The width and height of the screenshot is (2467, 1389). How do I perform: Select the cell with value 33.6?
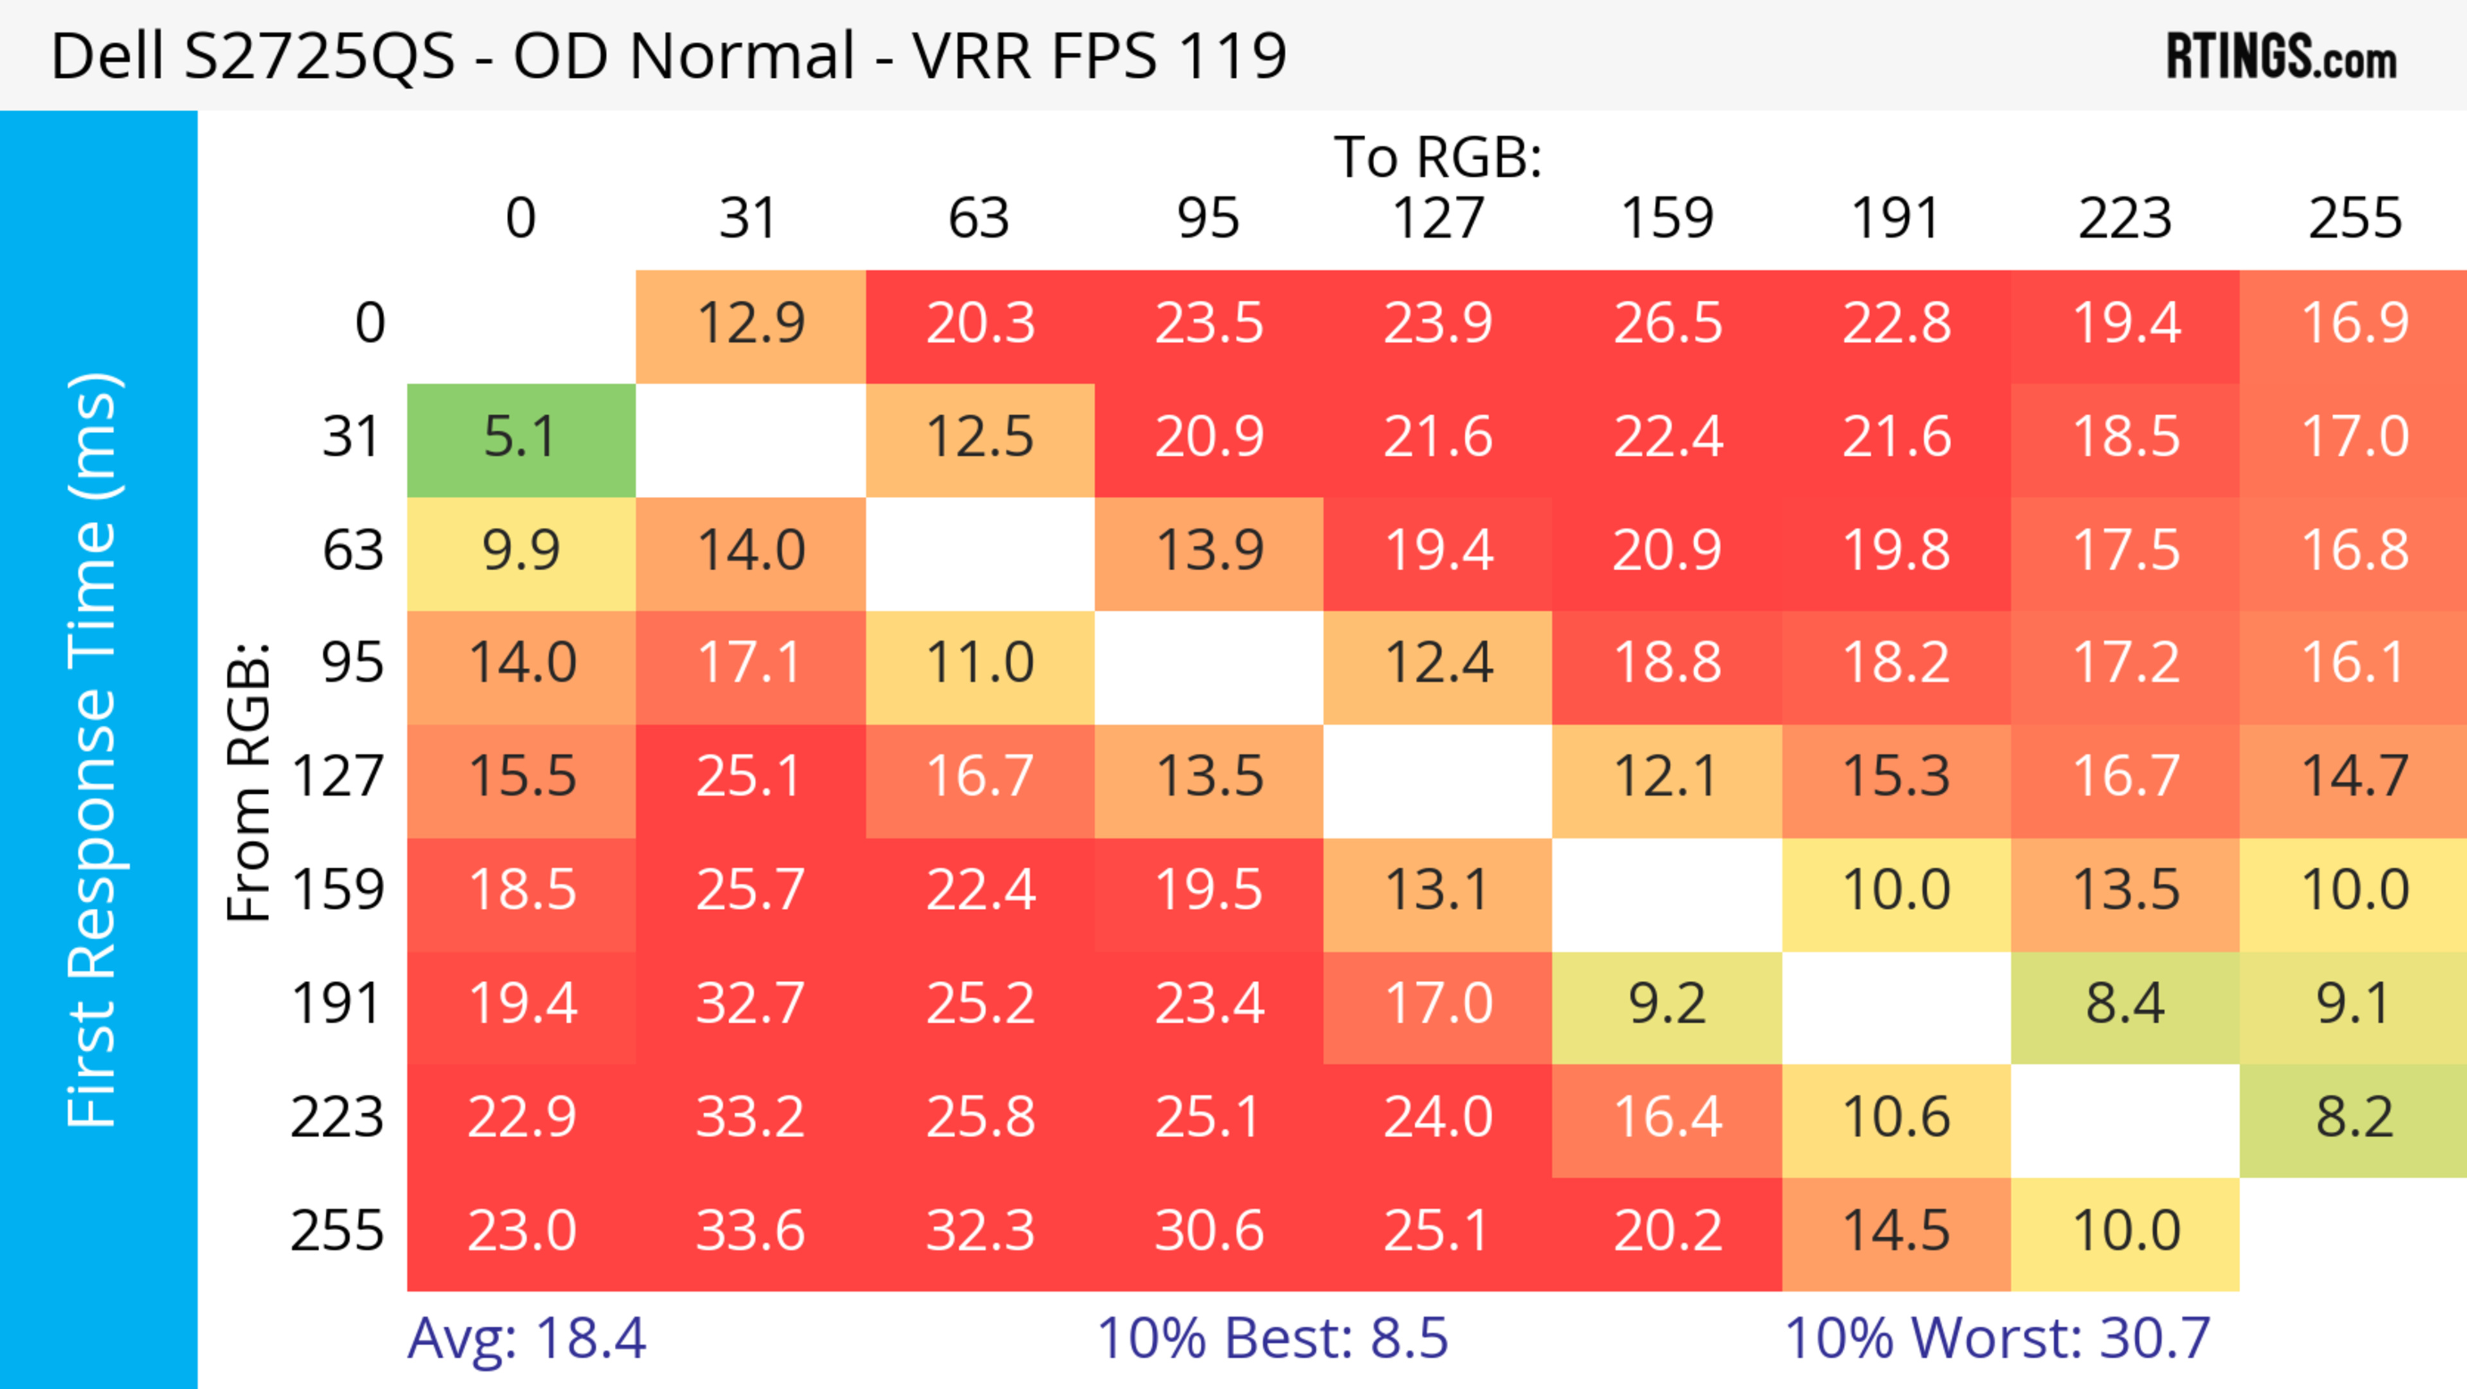(750, 1231)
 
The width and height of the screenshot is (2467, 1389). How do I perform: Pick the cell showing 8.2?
(2354, 1118)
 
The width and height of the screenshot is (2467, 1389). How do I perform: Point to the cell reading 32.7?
(750, 1005)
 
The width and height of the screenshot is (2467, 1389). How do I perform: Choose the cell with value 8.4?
(2125, 1005)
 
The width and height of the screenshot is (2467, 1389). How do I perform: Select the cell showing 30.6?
(1208, 1231)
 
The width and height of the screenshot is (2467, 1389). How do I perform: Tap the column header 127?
(1438, 219)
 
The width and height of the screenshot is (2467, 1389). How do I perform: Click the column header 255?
(2354, 219)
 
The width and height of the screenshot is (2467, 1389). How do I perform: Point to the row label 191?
(337, 1005)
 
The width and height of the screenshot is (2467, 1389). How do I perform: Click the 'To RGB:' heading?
(1438, 158)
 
